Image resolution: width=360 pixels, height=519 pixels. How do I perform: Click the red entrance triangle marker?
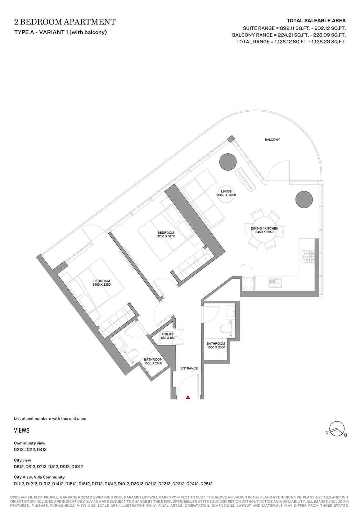[x=188, y=397]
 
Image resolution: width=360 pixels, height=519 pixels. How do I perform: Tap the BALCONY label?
[x=272, y=140]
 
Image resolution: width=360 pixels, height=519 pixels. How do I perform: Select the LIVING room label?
[x=226, y=191]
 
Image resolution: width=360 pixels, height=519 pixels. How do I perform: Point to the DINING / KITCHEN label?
[x=265, y=228]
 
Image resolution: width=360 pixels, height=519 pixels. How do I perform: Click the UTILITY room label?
[x=168, y=334]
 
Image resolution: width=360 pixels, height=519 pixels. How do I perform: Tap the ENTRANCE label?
[x=189, y=368]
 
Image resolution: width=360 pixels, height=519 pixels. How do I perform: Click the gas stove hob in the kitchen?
[x=308, y=257]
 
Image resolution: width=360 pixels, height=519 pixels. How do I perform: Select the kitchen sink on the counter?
[x=275, y=283]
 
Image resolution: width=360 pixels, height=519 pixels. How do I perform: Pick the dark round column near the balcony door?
[x=228, y=162]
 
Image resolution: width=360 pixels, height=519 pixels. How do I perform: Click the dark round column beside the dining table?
[x=304, y=200]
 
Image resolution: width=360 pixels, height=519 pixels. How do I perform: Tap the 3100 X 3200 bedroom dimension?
[x=102, y=285]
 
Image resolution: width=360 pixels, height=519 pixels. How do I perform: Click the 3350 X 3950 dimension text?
[x=226, y=195]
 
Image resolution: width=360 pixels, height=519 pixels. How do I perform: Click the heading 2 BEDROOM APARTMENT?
[x=65, y=22]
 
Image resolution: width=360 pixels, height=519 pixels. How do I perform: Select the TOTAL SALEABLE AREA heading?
[x=316, y=21]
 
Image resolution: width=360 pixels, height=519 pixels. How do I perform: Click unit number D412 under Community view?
[x=42, y=449]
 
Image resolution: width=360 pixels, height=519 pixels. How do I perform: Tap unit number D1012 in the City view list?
[x=77, y=467]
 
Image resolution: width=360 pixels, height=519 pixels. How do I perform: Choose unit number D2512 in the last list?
[x=206, y=484]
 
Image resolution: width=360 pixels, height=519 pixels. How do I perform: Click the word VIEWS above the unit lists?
[x=22, y=430]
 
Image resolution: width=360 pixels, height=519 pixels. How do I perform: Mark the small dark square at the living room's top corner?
[x=231, y=139]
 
